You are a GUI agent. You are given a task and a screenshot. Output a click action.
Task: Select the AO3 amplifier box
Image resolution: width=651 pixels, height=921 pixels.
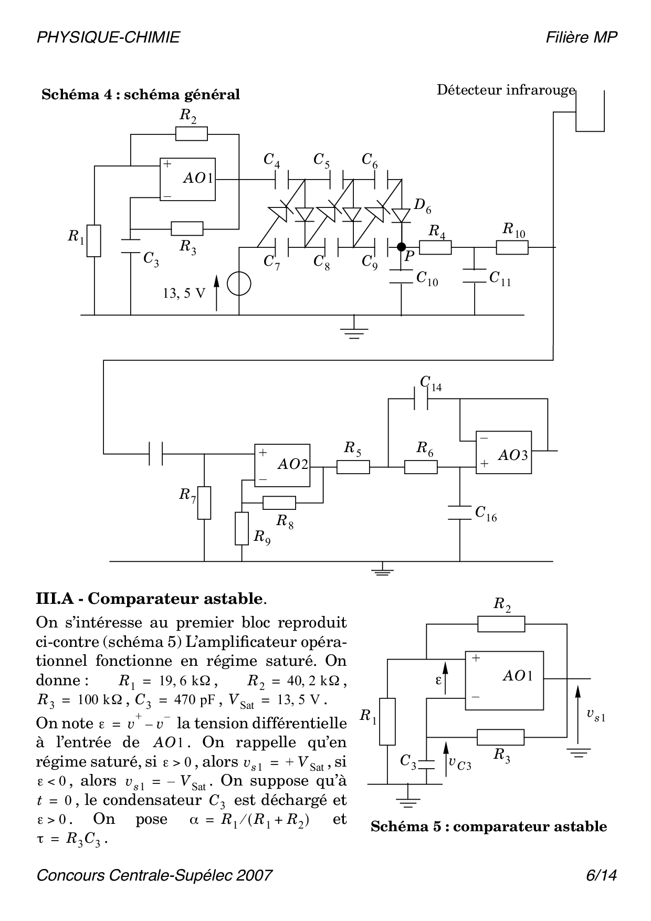pyautogui.click(x=503, y=453)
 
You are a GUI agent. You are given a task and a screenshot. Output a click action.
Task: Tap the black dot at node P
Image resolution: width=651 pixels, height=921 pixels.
pyautogui.click(x=402, y=247)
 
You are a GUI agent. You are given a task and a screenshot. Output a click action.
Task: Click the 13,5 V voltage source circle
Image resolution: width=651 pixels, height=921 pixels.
pyautogui.click(x=239, y=285)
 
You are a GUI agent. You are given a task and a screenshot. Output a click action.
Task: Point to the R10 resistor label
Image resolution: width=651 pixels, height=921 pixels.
pyautogui.click(x=513, y=230)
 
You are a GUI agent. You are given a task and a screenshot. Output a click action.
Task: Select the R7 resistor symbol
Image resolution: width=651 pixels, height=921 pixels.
pyautogui.click(x=204, y=503)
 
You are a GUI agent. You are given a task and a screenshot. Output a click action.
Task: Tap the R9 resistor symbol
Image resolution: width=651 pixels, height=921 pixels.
pyautogui.click(x=241, y=529)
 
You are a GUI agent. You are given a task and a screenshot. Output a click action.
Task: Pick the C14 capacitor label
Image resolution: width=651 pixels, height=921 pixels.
pyautogui.click(x=430, y=384)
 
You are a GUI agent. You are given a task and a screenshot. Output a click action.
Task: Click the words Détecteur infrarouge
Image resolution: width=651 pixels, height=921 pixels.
pyautogui.click(x=506, y=90)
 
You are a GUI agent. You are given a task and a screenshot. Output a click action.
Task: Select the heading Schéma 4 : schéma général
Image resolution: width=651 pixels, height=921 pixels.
pyautogui.click(x=141, y=95)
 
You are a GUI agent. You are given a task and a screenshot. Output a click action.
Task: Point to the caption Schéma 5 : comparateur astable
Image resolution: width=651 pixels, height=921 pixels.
pyautogui.click(x=488, y=826)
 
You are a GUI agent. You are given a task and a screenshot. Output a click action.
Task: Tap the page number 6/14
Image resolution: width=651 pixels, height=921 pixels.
pyautogui.click(x=602, y=875)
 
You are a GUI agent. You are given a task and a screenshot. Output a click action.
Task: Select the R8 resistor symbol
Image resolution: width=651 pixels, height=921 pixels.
pyautogui.click(x=279, y=503)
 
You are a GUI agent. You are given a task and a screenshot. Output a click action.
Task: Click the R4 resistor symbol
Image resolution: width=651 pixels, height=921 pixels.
pyautogui.click(x=435, y=247)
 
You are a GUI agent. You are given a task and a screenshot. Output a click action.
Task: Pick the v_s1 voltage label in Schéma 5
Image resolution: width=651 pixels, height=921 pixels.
pyautogui.click(x=596, y=715)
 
